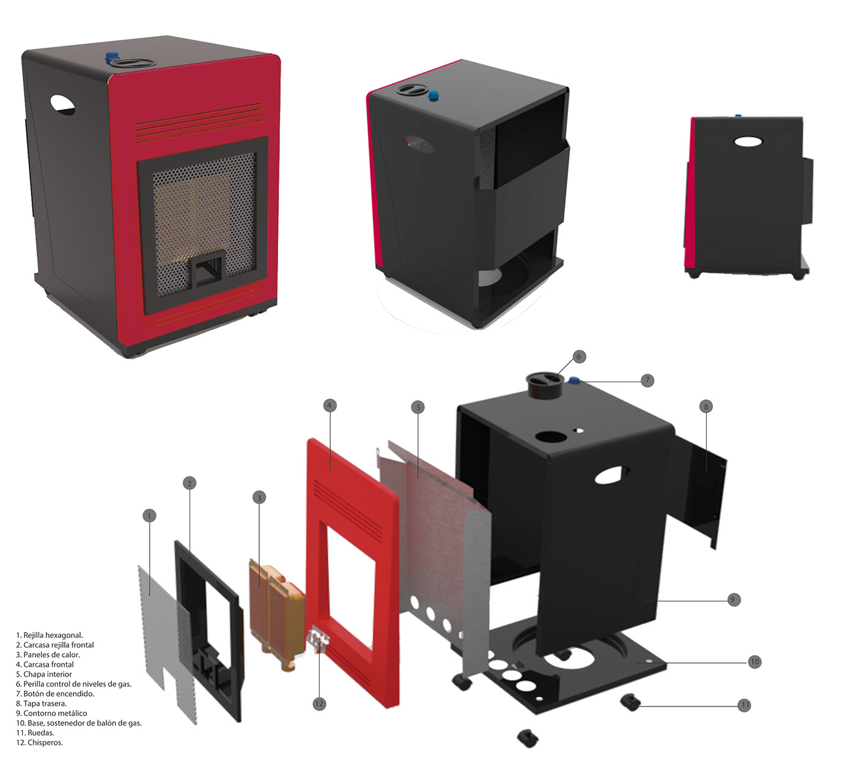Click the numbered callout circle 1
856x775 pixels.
[x=149, y=516]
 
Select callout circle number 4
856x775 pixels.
[x=329, y=405]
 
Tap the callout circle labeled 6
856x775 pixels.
[x=579, y=356]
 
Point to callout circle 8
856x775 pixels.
[x=706, y=406]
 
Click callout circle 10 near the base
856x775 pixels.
[x=755, y=661]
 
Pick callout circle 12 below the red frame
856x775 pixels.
[x=319, y=703]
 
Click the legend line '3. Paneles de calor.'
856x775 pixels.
[x=48, y=654]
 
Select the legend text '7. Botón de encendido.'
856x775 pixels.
[x=56, y=694]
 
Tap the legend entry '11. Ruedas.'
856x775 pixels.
[x=35, y=733]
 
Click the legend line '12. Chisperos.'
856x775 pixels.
[x=40, y=743]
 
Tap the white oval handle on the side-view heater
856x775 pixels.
[x=749, y=141]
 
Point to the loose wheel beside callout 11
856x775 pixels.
[x=630, y=702]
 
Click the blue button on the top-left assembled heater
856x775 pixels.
[x=112, y=57]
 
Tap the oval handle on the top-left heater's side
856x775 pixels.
[x=62, y=105]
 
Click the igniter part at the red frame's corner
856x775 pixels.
[x=319, y=639]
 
